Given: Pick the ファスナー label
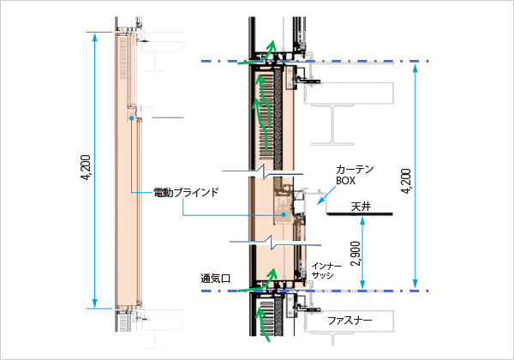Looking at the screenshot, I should [350, 320].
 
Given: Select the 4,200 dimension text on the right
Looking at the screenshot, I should [405, 182].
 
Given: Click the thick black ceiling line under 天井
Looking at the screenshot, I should [360, 213].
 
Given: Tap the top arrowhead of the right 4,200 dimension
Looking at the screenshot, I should [415, 64].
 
